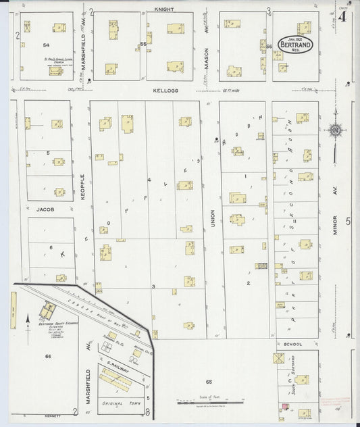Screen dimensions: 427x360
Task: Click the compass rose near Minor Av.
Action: tap(335, 130)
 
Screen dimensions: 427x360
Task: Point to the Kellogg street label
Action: tap(164, 89)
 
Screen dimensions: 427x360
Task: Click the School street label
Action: tap(292, 343)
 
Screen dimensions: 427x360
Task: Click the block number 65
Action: tap(210, 382)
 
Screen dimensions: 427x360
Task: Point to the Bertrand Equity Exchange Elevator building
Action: tap(47, 311)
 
